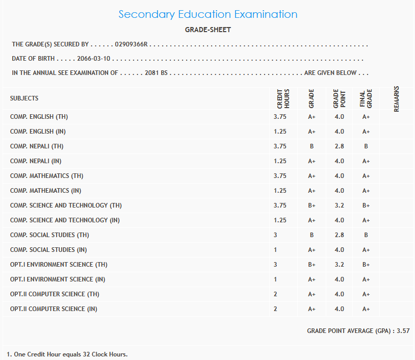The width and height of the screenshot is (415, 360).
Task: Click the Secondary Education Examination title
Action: point(207,14)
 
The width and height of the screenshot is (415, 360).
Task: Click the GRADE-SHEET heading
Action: point(207,30)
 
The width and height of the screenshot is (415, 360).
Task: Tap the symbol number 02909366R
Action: point(131,45)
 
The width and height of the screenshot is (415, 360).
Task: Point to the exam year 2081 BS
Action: point(156,73)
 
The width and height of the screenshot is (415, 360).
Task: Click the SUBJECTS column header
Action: point(24,98)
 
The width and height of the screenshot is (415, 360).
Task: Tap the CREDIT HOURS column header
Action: point(283,98)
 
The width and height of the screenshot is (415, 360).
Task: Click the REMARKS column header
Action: point(396,98)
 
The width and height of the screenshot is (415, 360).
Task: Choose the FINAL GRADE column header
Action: point(366,98)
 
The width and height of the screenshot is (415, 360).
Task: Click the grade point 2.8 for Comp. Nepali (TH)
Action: point(339,146)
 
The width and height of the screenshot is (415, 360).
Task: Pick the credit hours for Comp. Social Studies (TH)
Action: point(275,235)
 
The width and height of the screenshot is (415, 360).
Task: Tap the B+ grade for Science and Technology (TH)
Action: point(312,205)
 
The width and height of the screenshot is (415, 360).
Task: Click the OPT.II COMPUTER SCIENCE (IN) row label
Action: point(54,309)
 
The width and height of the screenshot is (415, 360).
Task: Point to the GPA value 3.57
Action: point(403,331)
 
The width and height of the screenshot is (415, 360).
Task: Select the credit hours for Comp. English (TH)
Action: point(280,117)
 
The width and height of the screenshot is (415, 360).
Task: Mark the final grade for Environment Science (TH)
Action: point(366,265)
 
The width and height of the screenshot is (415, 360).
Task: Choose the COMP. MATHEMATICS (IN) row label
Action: point(45,191)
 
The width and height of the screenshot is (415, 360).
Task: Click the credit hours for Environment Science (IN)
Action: point(275,279)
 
